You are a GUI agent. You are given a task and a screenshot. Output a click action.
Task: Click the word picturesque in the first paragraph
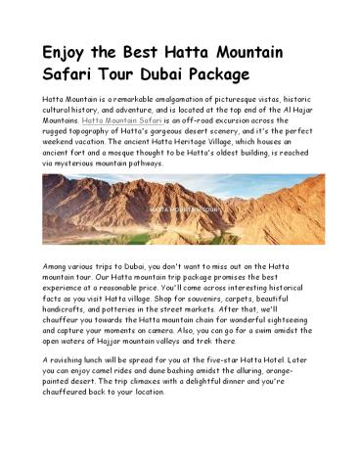(228, 99)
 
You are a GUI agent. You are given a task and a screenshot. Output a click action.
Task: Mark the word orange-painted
(291, 374)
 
